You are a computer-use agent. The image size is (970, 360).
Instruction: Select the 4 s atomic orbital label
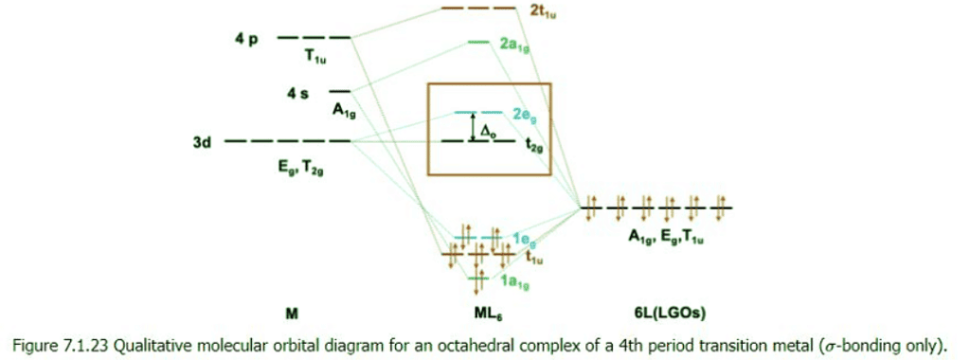pyautogui.click(x=297, y=93)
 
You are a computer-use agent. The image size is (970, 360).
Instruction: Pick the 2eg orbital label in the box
pyautogui.click(x=526, y=114)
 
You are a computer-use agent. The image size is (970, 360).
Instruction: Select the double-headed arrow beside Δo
pyautogui.click(x=473, y=127)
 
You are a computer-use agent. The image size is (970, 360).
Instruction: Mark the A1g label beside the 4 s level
pyautogui.click(x=343, y=110)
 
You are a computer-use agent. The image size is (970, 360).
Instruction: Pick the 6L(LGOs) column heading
pyautogui.click(x=661, y=313)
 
